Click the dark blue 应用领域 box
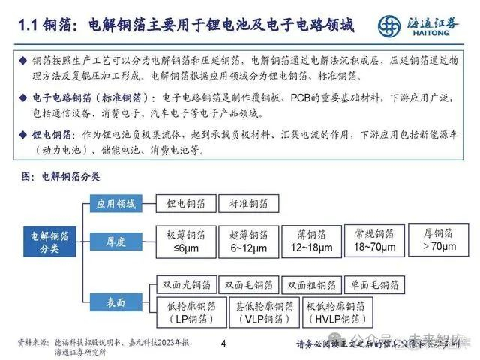115,203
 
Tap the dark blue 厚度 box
115,241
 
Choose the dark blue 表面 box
115,302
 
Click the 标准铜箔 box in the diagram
248,203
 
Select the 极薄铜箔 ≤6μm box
186,240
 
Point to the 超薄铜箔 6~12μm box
248,240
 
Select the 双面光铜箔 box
187,285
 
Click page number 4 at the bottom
223,344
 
